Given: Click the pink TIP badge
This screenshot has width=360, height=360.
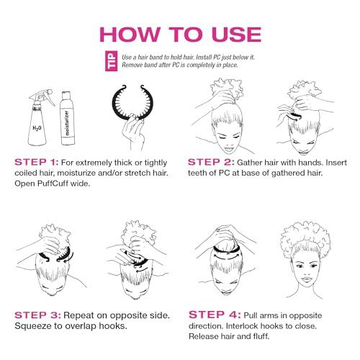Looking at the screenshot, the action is pos(112,61).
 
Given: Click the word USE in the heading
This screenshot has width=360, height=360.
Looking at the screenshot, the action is pos(237,35).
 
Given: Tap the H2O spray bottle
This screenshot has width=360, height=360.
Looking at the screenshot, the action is pos(39,117).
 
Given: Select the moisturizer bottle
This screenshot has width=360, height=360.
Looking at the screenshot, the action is pos(68,118).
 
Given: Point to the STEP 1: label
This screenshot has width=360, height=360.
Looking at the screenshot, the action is pos(37,162).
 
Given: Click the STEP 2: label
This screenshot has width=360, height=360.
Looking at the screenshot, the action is pos(211,162).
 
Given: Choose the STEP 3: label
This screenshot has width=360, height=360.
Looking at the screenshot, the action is pos(37,315).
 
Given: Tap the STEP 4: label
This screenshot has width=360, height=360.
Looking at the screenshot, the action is pos(215,315).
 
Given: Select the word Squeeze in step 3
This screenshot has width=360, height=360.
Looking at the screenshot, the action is pos(31,326).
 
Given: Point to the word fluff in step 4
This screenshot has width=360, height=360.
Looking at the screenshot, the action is pos(261,336).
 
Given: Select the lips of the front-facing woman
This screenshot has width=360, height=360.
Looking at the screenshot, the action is pos(306,280).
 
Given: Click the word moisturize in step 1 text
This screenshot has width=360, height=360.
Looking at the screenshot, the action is pos(76,173).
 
